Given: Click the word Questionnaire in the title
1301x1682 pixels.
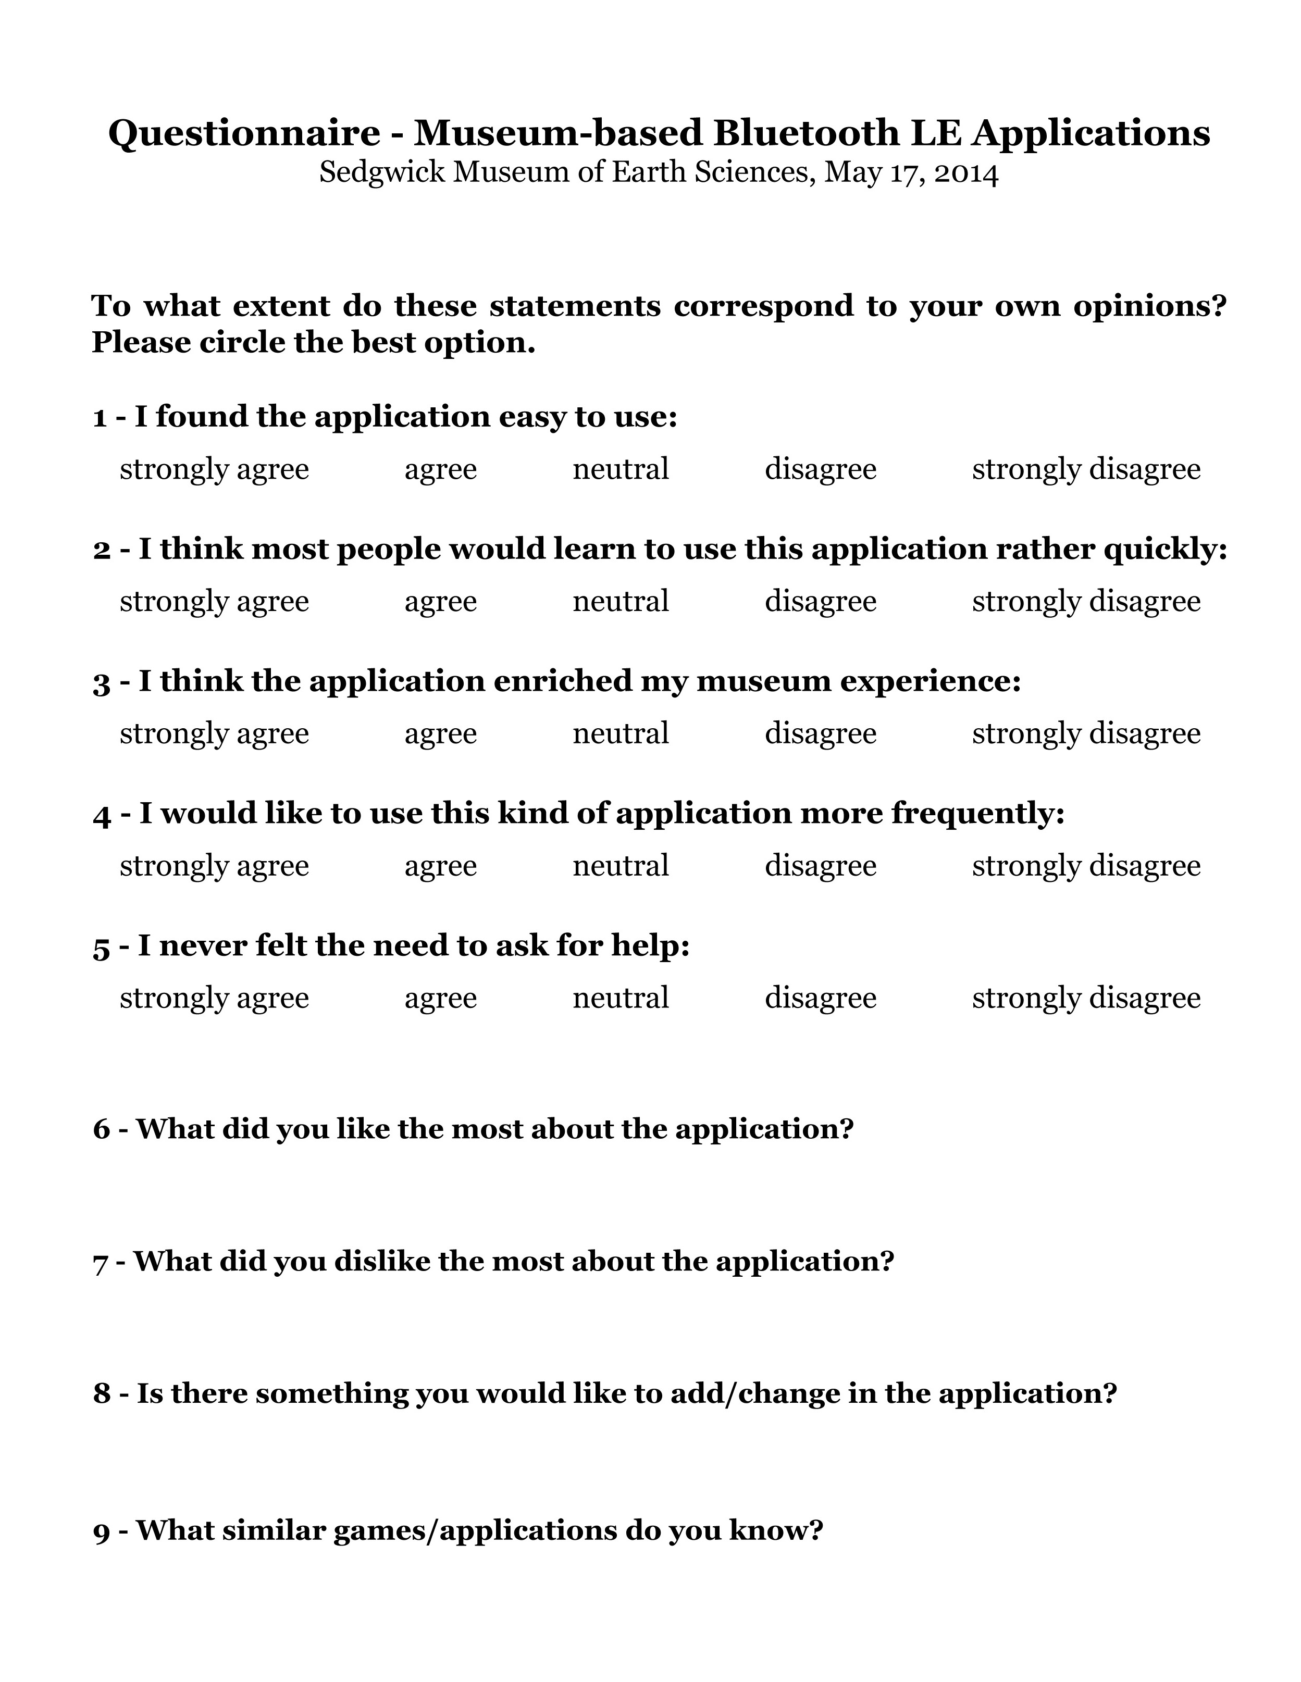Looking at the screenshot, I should [x=243, y=134].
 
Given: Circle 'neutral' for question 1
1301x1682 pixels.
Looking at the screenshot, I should [x=620, y=469].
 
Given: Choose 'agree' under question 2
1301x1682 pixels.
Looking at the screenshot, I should [x=441, y=602].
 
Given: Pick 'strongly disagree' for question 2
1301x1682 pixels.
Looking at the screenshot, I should [x=1085, y=602].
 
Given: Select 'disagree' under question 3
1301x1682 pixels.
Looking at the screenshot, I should [x=820, y=734].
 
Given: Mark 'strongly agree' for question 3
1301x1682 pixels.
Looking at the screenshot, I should [x=214, y=734].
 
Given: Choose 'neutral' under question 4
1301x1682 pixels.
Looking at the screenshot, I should [x=620, y=866].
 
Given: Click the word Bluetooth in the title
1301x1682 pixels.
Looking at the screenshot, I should [x=806, y=134].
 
